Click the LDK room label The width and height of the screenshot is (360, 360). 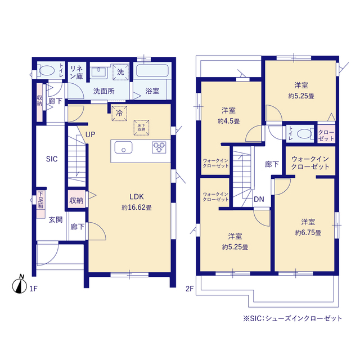coord(137,197)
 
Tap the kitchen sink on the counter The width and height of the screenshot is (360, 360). coord(123,147)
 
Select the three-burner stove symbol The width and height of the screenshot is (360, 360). coord(159,147)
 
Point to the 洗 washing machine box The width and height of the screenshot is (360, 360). coord(120,71)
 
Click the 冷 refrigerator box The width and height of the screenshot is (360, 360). coord(119,112)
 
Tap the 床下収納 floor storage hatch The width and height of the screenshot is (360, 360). coord(141,127)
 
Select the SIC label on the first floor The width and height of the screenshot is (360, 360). coord(52,159)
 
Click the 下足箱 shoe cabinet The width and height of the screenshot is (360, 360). coord(41,199)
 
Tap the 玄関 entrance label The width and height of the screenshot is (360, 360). coord(55,219)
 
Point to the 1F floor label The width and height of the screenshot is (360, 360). coord(33,289)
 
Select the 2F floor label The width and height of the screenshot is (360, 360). coord(190,289)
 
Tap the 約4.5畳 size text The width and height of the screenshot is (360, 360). coord(229,120)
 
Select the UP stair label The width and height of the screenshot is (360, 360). coord(90,134)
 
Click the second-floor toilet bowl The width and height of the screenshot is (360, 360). coord(304,133)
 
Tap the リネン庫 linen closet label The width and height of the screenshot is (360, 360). coord(76,72)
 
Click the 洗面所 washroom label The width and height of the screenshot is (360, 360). coord(103,90)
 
